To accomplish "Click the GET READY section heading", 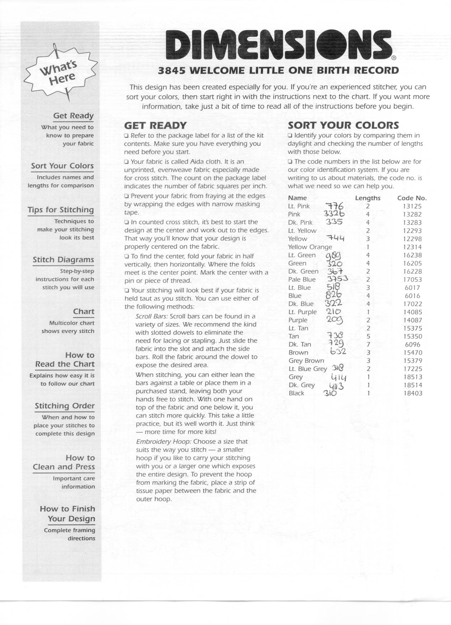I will click(x=155, y=125).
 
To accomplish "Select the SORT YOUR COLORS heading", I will click(x=343, y=125).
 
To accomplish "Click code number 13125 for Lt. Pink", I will click(x=412, y=206).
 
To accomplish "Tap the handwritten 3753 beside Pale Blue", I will click(x=338, y=279).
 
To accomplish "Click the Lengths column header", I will click(x=367, y=198).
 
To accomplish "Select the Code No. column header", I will click(x=412, y=198).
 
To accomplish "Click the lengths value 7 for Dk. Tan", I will click(x=368, y=344).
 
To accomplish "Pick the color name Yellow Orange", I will click(x=310, y=247).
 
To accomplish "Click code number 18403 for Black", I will click(x=412, y=393).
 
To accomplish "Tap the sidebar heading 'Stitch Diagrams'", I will click(x=63, y=260).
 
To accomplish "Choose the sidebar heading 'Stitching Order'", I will click(x=65, y=406).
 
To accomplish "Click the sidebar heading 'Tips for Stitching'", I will click(x=61, y=210).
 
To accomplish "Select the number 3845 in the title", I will click(x=172, y=70).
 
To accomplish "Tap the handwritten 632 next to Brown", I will click(x=338, y=352).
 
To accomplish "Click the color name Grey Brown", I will click(x=306, y=361).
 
